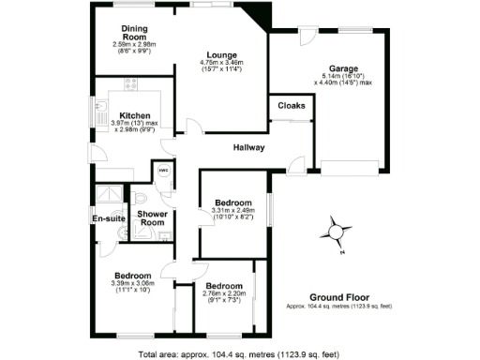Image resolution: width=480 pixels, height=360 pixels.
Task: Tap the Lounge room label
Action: pyautogui.click(x=222, y=54)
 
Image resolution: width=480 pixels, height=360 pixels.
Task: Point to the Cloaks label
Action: pyautogui.click(x=292, y=106)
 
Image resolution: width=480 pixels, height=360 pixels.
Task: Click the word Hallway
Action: pyautogui.click(x=248, y=147)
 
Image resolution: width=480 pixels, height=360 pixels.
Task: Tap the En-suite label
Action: pyautogui.click(x=109, y=218)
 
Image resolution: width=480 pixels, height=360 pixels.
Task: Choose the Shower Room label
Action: pyautogui.click(x=152, y=218)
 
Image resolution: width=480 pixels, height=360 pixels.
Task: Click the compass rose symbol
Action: pyautogui.click(x=337, y=230)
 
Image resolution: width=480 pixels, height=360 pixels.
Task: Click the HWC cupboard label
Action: pyautogui.click(x=162, y=171)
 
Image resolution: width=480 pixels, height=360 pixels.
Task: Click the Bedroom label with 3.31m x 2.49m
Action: pyautogui.click(x=232, y=202)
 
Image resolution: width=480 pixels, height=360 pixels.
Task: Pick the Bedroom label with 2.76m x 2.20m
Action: pyautogui.click(x=224, y=285)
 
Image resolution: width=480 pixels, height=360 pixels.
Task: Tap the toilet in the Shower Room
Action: pyautogui.click(x=140, y=198)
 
